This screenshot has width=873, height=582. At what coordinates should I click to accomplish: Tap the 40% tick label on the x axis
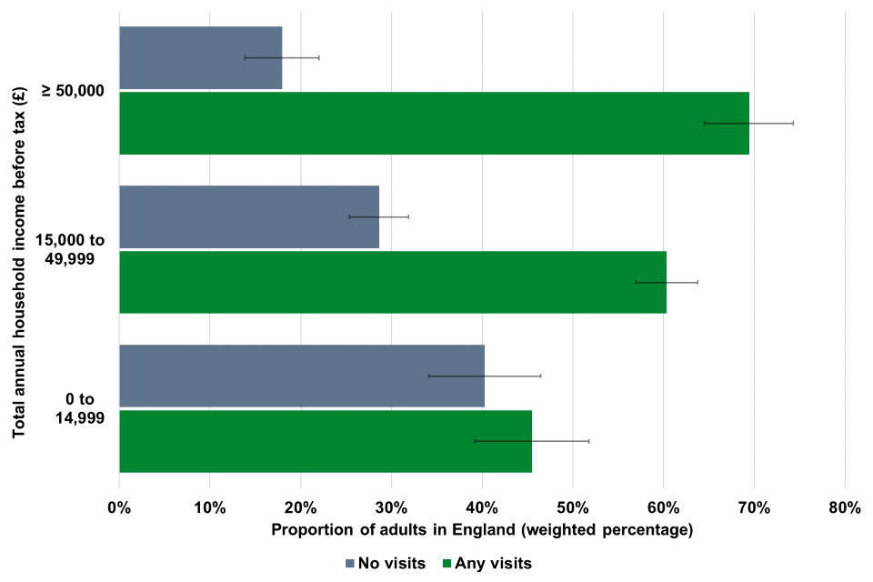[x=482, y=507]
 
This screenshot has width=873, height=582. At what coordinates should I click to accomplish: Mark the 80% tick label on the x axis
[x=844, y=507]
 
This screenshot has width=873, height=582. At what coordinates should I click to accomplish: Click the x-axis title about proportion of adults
[x=482, y=529]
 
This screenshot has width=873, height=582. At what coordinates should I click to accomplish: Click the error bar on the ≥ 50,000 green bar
[x=748, y=123]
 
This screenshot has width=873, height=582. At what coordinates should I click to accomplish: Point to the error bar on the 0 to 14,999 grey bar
[x=484, y=376]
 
